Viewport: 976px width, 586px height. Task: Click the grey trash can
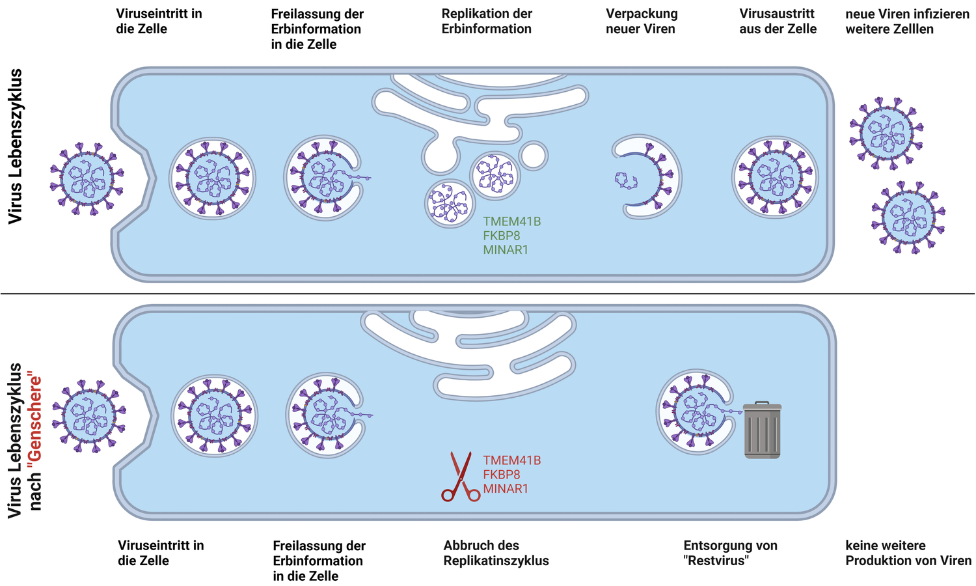[763, 430]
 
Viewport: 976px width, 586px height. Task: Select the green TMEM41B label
[511, 221]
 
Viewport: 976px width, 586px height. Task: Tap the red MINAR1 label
[506, 489]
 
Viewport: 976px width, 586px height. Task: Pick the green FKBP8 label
[501, 236]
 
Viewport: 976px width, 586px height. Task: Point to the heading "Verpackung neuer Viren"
[641, 21]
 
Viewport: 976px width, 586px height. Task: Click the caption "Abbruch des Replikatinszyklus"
[496, 553]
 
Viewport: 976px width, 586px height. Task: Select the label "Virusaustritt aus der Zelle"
[778, 21]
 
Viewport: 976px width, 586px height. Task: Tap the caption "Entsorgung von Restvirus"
[730, 553]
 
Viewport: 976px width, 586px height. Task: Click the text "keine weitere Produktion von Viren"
[908, 553]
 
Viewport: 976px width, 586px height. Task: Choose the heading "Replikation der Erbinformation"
[487, 21]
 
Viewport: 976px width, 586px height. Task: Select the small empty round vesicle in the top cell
[534, 156]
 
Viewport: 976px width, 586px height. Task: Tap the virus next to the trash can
[693, 412]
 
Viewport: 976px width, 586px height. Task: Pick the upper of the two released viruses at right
[886, 133]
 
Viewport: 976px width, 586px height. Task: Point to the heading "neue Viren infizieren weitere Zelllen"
[907, 21]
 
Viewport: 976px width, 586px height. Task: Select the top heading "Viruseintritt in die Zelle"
[159, 21]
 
